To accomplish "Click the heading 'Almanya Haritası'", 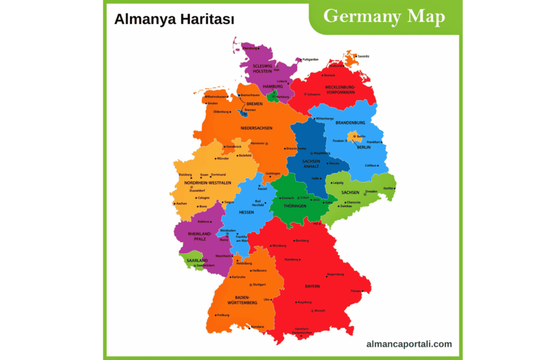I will click(x=174, y=20).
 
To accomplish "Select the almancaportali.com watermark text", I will click(x=409, y=344).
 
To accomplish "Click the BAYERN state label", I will click(x=312, y=286).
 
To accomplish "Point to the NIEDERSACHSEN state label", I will click(x=256, y=128).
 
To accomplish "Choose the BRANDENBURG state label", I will click(x=350, y=123).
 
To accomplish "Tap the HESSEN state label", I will click(x=246, y=212).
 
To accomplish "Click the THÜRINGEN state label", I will click(x=294, y=206).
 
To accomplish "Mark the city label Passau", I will click(x=357, y=291).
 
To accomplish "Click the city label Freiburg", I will click(x=222, y=315).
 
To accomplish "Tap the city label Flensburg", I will click(x=250, y=48).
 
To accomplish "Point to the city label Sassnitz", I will click(x=363, y=56).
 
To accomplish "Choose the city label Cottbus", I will click(x=371, y=165).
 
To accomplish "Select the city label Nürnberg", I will click(x=291, y=260).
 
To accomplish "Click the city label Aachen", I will click(x=182, y=203).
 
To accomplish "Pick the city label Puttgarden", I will click(x=310, y=59).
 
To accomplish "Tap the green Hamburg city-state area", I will click(x=273, y=97).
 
